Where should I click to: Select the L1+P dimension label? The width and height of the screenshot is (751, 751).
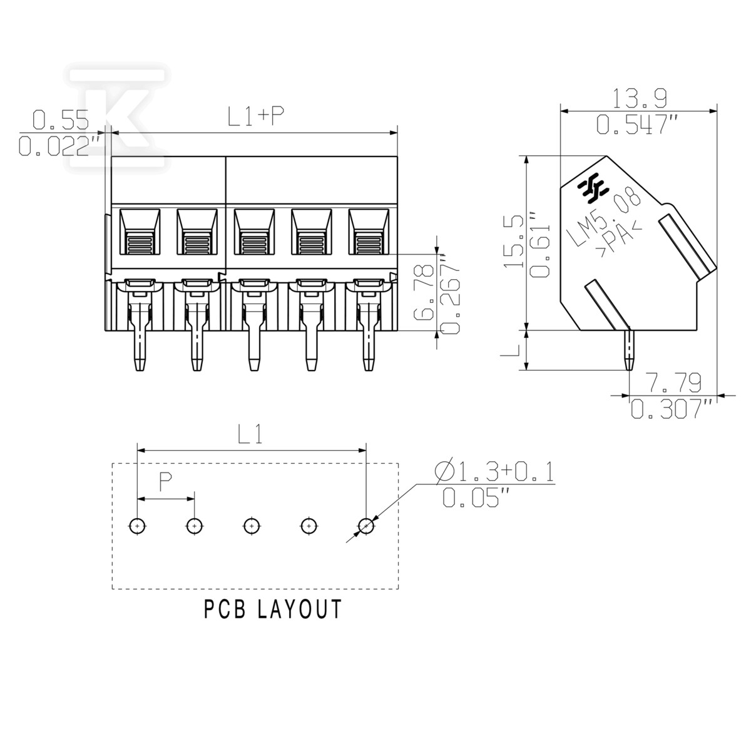(256, 116)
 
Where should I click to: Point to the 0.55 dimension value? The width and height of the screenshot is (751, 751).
(61, 120)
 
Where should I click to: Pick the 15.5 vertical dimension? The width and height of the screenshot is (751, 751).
(514, 241)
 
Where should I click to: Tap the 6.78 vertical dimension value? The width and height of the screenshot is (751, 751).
(424, 292)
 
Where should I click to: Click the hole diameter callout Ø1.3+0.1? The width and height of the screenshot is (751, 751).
(494, 472)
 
